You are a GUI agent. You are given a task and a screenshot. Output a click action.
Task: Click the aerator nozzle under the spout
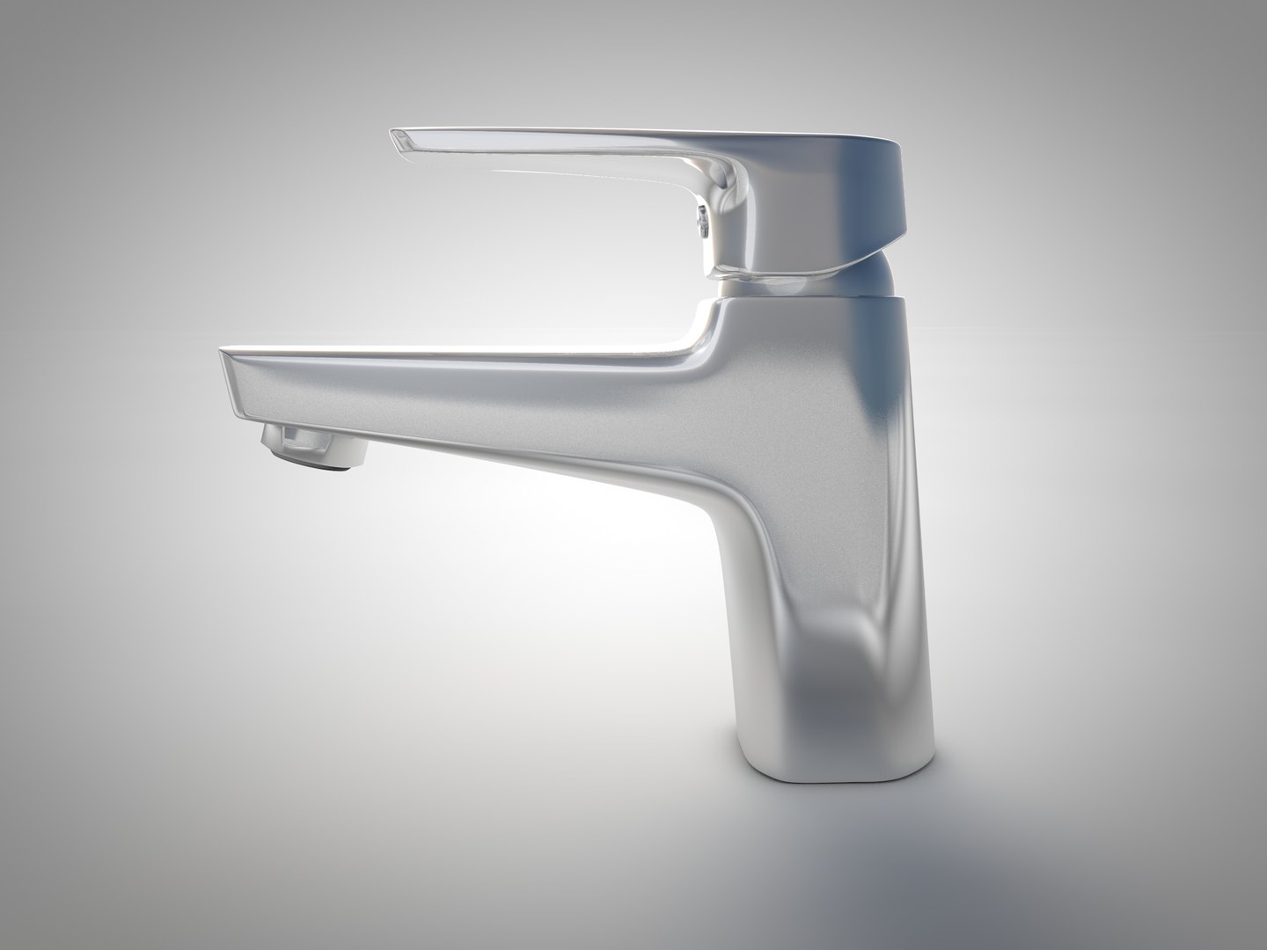pyautogui.click(x=315, y=444)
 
